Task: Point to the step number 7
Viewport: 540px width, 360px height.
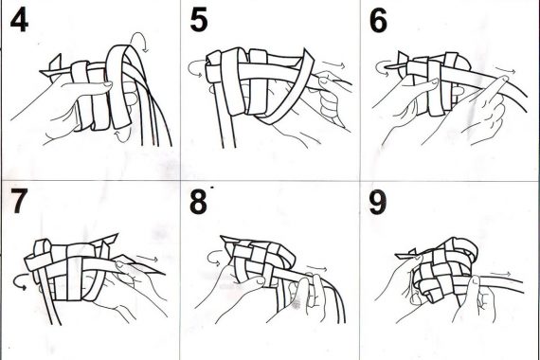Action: coord(19,201)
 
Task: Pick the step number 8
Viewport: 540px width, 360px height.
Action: coord(198,202)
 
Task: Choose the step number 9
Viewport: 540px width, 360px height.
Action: coord(378,202)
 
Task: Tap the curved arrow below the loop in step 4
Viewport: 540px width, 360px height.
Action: coord(123,136)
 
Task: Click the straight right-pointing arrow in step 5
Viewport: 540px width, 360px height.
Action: coord(334,64)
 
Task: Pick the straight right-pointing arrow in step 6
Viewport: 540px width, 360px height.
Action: coord(506,71)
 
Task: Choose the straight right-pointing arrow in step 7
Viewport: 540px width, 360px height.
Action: coord(148,259)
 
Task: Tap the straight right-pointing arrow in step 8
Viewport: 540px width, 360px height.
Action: coord(316,269)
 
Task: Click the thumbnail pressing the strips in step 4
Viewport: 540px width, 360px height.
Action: coord(107,83)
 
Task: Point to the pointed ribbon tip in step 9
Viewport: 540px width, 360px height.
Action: coord(400,256)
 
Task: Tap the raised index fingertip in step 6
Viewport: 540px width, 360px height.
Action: coord(504,80)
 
